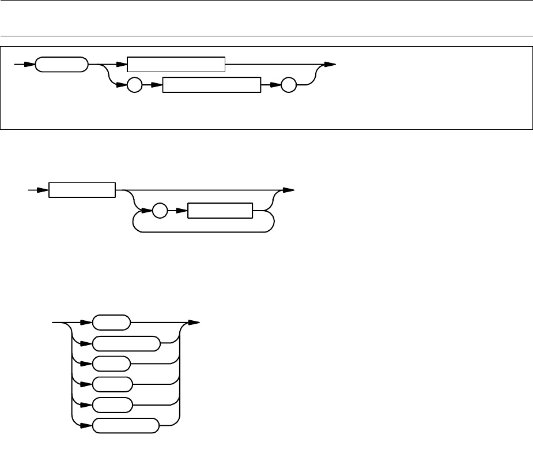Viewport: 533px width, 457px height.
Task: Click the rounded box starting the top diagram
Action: pyautogui.click(x=62, y=65)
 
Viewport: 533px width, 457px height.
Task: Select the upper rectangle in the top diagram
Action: pyautogui.click(x=176, y=65)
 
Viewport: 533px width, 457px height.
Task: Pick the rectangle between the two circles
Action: pyautogui.click(x=212, y=85)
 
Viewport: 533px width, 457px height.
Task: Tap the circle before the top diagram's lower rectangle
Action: pyautogui.click(x=134, y=85)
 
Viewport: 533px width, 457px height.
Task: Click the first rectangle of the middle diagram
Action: pyautogui.click(x=82, y=190)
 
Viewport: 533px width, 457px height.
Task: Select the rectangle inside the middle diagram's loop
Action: pyautogui.click(x=221, y=211)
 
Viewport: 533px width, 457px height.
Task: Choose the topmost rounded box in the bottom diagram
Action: pyautogui.click(x=112, y=323)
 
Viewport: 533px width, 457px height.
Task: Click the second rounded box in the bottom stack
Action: pyautogui.click(x=126, y=343)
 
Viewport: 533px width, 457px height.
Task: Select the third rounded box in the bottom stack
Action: pyautogui.click(x=112, y=364)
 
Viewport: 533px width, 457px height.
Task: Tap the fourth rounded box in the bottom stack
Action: pyautogui.click(x=112, y=384)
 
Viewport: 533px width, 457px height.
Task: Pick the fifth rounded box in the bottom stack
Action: pyautogui.click(x=112, y=404)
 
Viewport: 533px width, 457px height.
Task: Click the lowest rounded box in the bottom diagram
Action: pyautogui.click(x=125, y=426)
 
